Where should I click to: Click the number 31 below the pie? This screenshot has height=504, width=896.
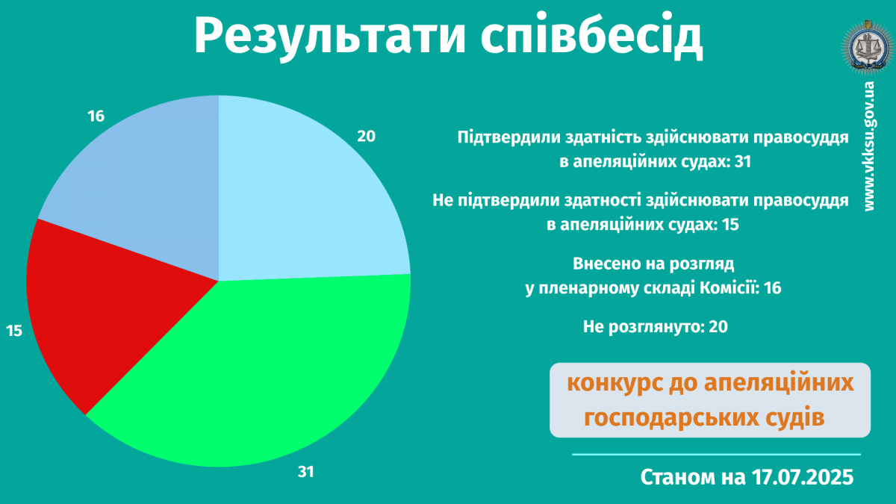306,472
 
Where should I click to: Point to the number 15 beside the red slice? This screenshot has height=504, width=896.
14,332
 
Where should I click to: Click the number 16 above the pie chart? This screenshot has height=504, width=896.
96,116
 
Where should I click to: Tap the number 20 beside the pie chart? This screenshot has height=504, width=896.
367,137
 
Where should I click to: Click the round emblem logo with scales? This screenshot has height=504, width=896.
868,48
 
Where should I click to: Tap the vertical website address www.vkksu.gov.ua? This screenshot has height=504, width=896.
869,146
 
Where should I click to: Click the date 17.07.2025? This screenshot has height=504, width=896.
803,477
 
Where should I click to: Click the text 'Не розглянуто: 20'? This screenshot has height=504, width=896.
656,327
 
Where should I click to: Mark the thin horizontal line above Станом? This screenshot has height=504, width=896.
716,455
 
